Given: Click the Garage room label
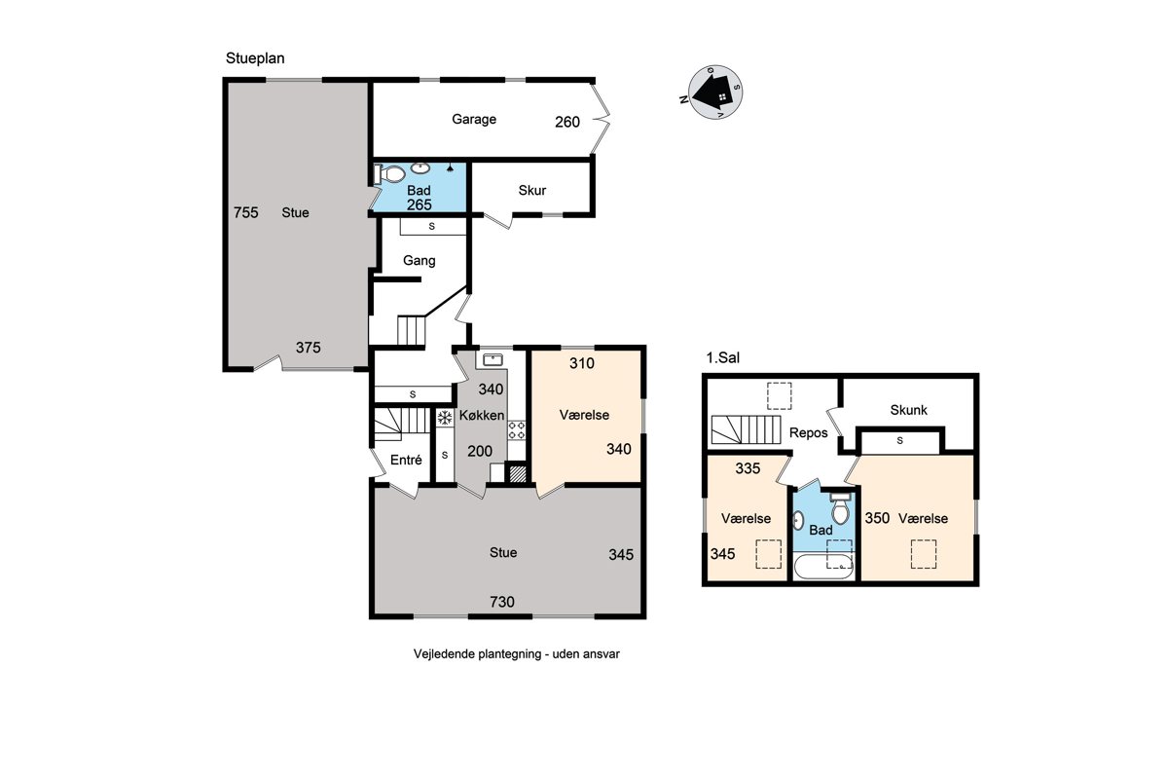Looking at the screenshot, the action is click(x=473, y=120).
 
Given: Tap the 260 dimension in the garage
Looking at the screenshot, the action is click(x=567, y=122).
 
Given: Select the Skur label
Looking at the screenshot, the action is click(x=531, y=190).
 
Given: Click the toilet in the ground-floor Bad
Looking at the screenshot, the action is click(x=389, y=173).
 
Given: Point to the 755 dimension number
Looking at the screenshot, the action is click(x=245, y=212).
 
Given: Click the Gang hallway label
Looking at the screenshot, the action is click(x=420, y=260).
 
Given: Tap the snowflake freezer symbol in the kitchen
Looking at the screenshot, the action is click(x=445, y=418).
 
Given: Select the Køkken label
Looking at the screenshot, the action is click(x=481, y=416).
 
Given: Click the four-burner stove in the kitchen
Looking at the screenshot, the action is click(x=517, y=430).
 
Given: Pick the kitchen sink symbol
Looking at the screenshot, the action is click(x=493, y=359).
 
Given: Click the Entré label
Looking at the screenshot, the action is click(x=406, y=460).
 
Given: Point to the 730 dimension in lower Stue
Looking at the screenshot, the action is click(x=501, y=602).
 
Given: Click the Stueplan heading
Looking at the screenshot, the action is click(x=255, y=58).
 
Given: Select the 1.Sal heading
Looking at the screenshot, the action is click(x=722, y=358).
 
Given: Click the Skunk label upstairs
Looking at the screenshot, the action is click(x=908, y=410).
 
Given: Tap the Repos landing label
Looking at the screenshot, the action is click(x=808, y=433).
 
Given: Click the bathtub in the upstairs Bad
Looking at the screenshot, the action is click(x=823, y=567).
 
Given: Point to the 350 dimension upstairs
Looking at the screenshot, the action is click(x=877, y=518).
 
